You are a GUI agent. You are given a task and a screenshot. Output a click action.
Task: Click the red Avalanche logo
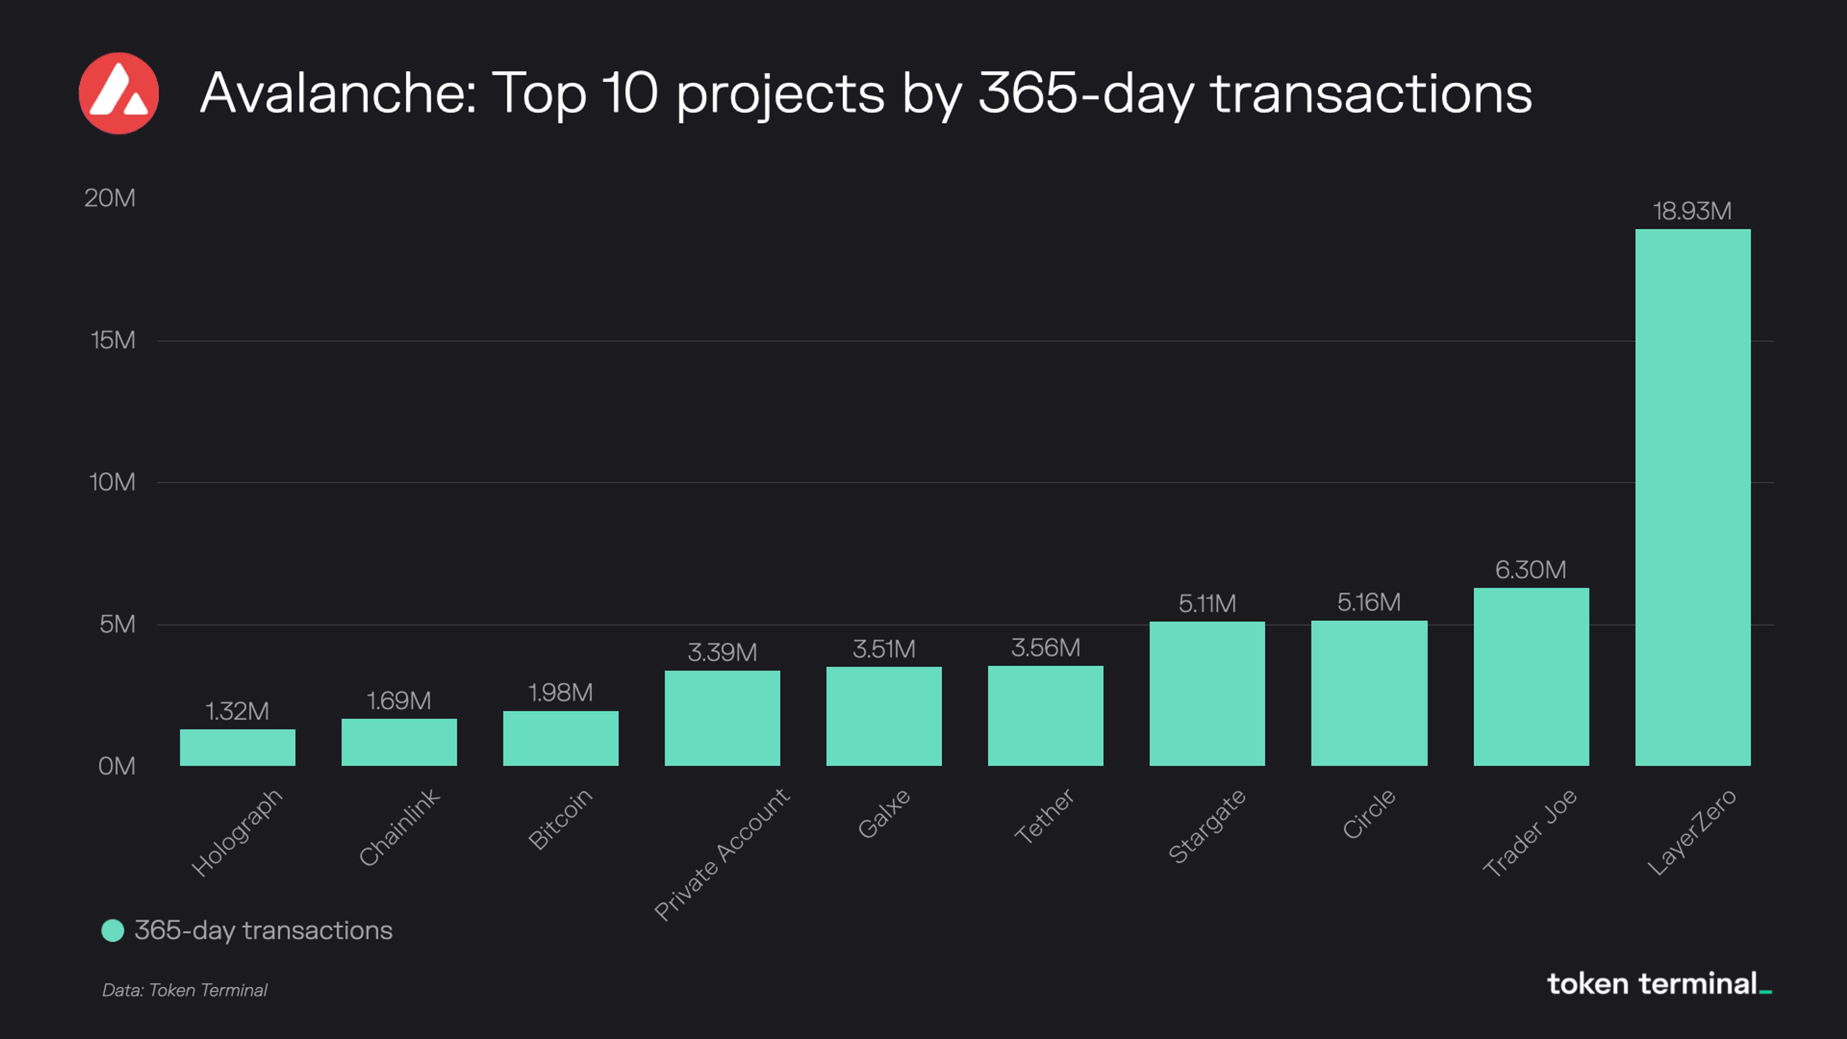pos(118,93)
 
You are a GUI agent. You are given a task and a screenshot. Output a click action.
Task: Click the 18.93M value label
pos(1692,211)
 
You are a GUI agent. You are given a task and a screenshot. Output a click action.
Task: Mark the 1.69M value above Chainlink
pos(399,701)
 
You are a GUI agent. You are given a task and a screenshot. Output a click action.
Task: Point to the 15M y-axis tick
pos(113,340)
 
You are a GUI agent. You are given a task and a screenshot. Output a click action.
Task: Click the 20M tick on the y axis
pos(110,198)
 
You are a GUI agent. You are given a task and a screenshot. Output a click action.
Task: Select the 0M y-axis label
pos(116,766)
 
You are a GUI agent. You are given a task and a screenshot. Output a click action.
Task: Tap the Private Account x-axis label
pos(722,853)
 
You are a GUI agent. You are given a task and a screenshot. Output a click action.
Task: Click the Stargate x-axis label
pos(1207,826)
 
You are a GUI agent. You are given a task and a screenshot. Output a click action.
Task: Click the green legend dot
pos(113,931)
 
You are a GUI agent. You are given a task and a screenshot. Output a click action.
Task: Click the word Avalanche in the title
pos(337,93)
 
